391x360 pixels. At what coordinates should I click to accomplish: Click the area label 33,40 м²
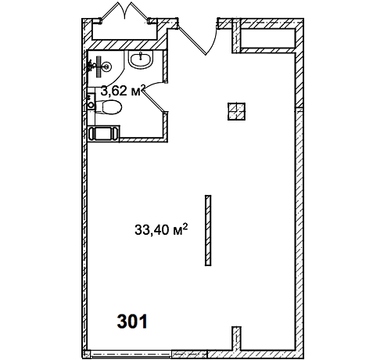(x=161, y=229)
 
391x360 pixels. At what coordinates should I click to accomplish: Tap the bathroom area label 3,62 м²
(x=123, y=90)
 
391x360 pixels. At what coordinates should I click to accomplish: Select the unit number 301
(x=132, y=322)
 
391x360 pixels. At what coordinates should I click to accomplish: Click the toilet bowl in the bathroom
(x=109, y=107)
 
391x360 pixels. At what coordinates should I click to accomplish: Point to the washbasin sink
(x=141, y=60)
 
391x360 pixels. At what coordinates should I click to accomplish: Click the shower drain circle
(x=106, y=67)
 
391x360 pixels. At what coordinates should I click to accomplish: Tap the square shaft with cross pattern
(x=236, y=111)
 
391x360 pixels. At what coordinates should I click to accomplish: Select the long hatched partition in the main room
(x=208, y=230)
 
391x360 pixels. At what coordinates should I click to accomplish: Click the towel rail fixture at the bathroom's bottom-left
(x=104, y=134)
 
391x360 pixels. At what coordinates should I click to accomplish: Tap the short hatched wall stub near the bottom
(x=236, y=338)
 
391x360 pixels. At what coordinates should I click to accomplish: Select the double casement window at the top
(x=124, y=13)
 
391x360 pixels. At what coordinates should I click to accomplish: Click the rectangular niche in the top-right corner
(x=267, y=38)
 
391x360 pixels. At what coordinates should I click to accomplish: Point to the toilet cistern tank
(x=91, y=101)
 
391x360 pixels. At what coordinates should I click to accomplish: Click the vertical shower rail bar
(x=99, y=67)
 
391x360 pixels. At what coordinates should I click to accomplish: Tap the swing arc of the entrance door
(x=213, y=39)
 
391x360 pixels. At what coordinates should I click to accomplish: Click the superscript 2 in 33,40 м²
(x=185, y=226)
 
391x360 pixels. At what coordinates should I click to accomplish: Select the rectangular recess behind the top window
(x=124, y=32)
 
